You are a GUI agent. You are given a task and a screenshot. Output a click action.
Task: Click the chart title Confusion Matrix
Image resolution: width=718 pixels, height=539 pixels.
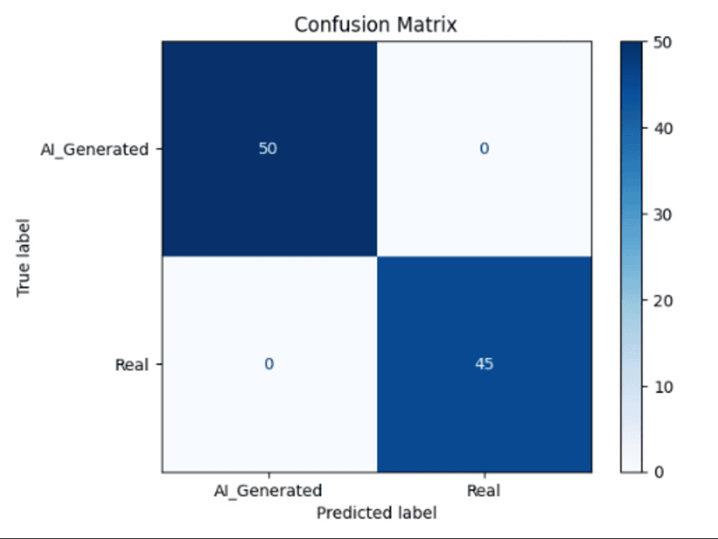[x=376, y=24]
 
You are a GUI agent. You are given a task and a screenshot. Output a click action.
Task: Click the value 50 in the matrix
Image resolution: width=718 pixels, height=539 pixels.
[x=268, y=149]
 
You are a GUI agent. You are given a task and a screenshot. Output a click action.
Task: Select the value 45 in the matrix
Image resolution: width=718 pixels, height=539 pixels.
[x=484, y=364]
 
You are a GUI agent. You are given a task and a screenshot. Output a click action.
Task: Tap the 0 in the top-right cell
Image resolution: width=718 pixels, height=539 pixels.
[x=484, y=149]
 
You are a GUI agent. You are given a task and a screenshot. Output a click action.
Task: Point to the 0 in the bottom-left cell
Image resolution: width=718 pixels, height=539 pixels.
[x=269, y=364]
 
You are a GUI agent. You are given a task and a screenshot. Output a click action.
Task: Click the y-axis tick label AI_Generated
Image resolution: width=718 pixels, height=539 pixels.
[x=94, y=149]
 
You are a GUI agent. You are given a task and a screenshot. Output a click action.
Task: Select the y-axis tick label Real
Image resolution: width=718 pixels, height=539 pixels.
[x=131, y=365]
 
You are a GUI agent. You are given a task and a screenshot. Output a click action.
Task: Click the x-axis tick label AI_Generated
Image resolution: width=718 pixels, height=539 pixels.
[x=268, y=491]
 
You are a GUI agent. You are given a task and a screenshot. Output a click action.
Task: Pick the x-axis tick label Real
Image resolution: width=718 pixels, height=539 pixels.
[x=483, y=491]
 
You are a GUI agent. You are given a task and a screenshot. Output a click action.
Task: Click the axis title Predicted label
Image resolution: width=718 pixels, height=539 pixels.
[x=376, y=512]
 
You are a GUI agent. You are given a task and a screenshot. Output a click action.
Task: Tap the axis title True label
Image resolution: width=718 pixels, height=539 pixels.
[x=24, y=257]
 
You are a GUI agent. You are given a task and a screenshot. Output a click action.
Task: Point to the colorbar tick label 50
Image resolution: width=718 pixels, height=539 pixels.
[x=663, y=42]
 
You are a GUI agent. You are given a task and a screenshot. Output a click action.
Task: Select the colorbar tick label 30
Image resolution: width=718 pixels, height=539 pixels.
[x=663, y=215]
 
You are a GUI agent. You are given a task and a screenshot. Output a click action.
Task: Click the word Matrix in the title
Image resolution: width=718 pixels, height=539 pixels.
[x=426, y=24]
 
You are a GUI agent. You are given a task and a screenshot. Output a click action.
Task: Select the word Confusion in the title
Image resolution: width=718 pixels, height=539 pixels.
[x=342, y=24]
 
